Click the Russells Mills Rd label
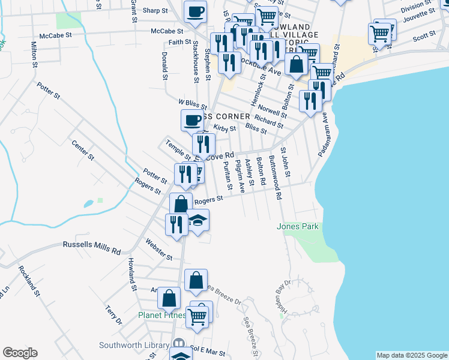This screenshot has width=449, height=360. (92, 245)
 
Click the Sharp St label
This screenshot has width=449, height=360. (155, 11)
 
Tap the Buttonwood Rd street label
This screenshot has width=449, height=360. (275, 177)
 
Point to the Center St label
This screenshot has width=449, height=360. (83, 149)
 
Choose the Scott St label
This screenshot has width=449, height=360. (424, 37)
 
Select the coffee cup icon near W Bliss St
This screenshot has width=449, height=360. (192, 120)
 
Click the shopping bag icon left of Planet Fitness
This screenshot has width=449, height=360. (170, 297)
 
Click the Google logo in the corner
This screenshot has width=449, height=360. (20, 353)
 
